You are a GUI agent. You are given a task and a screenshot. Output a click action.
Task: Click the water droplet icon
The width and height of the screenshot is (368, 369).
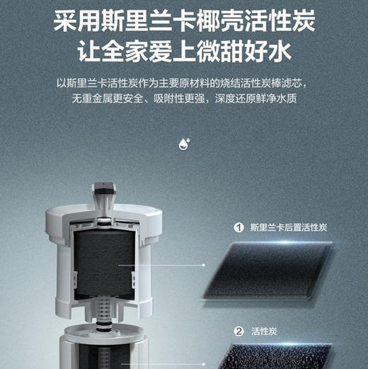tap(183, 144)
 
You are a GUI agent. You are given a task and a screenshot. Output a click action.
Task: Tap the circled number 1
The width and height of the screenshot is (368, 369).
tap(238, 228)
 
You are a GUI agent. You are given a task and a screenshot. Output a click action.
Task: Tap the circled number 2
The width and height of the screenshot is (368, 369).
tap(238, 331)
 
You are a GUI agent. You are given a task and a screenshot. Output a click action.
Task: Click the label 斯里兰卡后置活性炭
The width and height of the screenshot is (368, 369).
tap(287, 228)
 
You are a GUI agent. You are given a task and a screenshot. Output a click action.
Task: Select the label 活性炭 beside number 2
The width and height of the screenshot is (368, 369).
tap(263, 331)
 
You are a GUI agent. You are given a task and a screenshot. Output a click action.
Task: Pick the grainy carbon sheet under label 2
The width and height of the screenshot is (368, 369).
tap(283, 358)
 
